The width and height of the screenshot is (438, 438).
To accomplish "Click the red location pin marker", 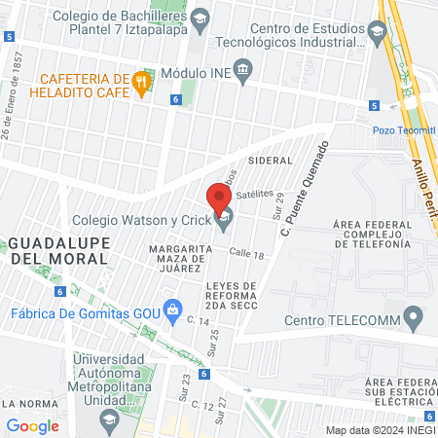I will pos(220,198).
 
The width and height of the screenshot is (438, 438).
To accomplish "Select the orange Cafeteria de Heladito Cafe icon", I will pos(143,84).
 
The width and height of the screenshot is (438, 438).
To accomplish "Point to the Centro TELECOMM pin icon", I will pos(415,318).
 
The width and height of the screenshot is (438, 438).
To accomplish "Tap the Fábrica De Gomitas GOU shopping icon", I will pos(173,311).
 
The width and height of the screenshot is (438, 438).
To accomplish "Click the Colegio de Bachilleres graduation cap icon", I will pos(200,18).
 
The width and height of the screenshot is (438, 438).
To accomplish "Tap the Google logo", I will pos(33,425).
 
